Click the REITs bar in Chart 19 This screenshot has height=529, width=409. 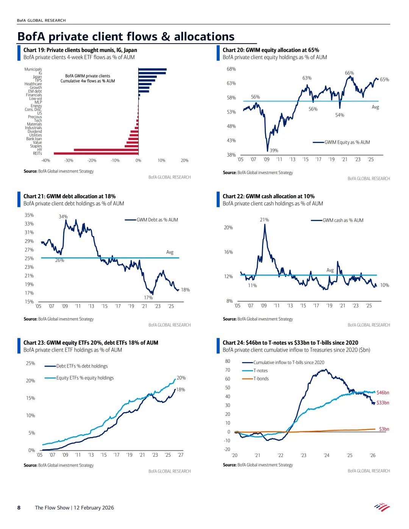pyautogui.click(x=96, y=153)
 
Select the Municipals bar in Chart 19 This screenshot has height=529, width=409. pyautogui.click(x=152, y=69)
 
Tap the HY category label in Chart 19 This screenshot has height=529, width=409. pyautogui.click(x=39, y=150)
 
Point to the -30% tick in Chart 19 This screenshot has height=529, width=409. pyautogui.click(x=69, y=160)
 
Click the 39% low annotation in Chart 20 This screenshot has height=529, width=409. pyautogui.click(x=274, y=150)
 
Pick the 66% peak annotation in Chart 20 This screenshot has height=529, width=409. pyautogui.click(x=349, y=73)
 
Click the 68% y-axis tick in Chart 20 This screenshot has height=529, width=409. pyautogui.click(x=231, y=69)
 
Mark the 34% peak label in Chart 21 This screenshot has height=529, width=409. pyautogui.click(x=63, y=217)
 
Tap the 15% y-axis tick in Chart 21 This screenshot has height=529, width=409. pyautogui.click(x=29, y=302)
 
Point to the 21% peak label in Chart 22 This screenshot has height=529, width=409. pyautogui.click(x=264, y=220)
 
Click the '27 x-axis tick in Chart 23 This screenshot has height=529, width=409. pyautogui.click(x=181, y=455)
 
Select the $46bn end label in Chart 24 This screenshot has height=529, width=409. pyautogui.click(x=383, y=393)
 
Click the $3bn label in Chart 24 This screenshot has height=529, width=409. pyautogui.click(x=384, y=429)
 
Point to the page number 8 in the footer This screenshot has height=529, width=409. pyautogui.click(x=19, y=508)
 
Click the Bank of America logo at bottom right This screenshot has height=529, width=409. pyautogui.click(x=382, y=507)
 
